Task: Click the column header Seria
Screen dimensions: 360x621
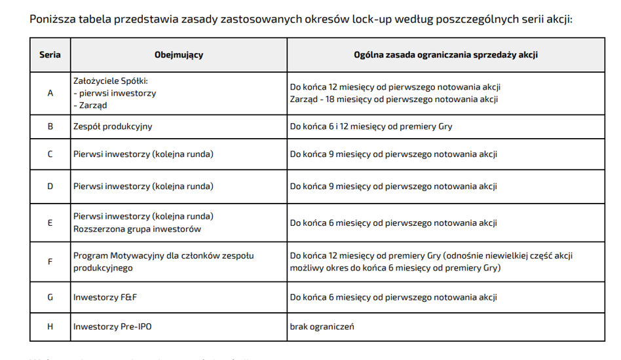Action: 50,55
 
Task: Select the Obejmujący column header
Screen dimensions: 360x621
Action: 179,55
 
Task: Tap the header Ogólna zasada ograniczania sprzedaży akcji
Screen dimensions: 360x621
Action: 446,55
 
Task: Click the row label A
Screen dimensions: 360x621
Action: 50,93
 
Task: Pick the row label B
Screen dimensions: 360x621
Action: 50,126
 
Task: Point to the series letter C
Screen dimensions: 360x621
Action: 50,154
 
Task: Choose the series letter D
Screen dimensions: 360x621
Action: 50,187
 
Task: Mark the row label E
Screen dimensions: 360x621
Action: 50,223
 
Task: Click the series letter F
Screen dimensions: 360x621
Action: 50,262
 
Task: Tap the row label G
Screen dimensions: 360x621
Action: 50,298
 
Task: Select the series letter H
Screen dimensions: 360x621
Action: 50,327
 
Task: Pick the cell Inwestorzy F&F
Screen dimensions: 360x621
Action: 105,298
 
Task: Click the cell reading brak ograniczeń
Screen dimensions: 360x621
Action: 322,327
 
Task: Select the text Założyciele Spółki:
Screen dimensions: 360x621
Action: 111,81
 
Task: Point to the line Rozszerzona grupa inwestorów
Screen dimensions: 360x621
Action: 137,229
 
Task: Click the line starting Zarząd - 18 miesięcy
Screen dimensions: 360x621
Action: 394,99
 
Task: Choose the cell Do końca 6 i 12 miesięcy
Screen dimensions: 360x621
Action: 371,126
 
